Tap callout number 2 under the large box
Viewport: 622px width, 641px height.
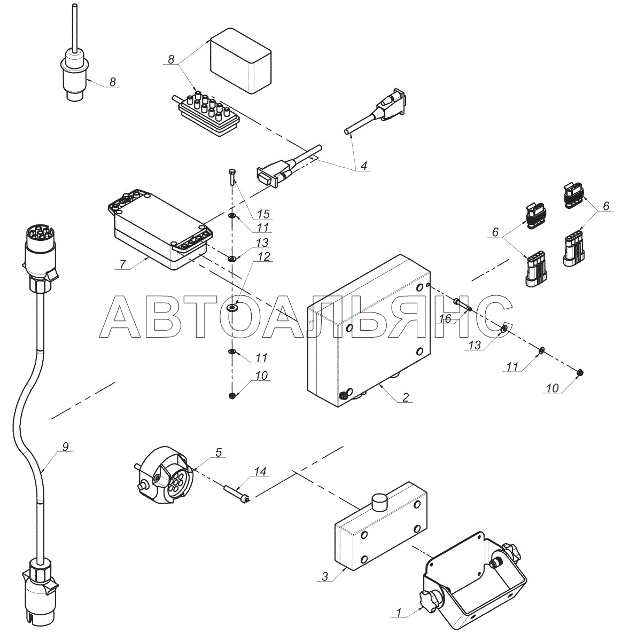click(406, 397)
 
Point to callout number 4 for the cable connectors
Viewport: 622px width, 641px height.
click(364, 165)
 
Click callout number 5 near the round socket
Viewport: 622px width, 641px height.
click(219, 452)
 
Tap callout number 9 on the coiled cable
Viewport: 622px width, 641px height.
click(65, 447)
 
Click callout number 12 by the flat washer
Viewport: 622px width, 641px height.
click(264, 257)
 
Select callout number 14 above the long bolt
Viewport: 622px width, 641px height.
click(260, 472)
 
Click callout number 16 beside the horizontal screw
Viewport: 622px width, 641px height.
click(445, 319)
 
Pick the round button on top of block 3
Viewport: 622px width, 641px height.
click(379, 502)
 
